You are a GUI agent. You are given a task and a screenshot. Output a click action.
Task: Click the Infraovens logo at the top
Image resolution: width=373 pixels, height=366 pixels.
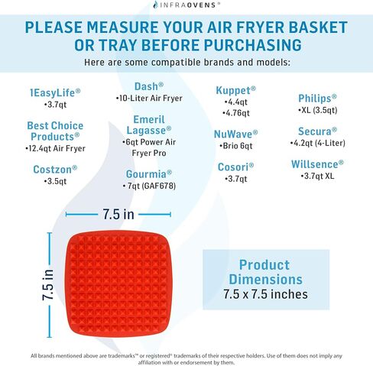coord(186,5)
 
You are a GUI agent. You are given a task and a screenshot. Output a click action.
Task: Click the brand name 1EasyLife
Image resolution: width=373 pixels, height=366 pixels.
coord(55,92)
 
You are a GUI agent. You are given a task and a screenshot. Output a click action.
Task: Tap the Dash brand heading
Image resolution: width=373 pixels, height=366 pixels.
coord(149,86)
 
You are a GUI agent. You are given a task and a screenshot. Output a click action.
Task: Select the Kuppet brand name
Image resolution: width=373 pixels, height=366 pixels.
coord(235,90)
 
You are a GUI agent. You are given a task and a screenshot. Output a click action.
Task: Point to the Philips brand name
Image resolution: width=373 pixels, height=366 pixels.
coord(317,99)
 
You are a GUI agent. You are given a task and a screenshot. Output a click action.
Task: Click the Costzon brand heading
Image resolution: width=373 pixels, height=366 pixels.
coord(55,170)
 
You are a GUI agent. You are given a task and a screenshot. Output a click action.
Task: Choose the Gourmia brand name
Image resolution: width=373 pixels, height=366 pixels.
coord(149,174)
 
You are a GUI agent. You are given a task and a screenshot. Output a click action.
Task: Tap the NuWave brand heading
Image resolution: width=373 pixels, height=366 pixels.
coord(235,134)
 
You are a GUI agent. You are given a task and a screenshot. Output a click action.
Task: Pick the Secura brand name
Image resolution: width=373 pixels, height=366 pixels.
coord(317,131)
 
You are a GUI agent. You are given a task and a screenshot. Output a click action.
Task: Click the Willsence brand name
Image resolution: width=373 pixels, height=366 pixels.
coord(317,164)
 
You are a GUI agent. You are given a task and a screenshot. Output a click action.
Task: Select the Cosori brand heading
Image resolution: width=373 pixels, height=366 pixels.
coord(235,167)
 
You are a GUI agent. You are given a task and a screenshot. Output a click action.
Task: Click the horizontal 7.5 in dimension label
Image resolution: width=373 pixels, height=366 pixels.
coord(118,214)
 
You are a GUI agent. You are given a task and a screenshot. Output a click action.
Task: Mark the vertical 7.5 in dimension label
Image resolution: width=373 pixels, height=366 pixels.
coord(48,285)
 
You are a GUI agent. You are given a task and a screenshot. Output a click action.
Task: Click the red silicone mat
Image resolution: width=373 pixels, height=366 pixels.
coord(118,284)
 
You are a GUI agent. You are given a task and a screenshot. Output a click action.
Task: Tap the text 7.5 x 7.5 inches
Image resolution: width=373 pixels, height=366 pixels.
coord(265,294)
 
